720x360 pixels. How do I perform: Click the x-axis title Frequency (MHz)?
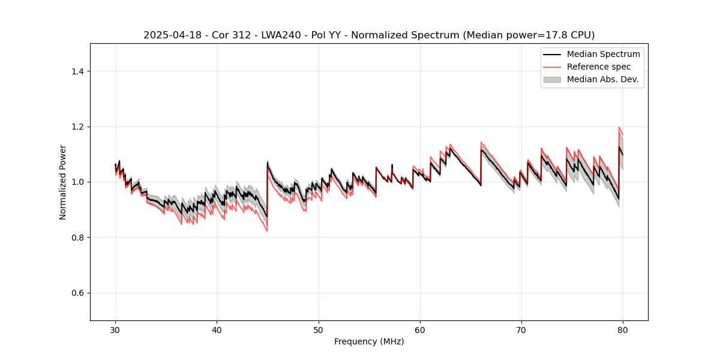click(x=369, y=341)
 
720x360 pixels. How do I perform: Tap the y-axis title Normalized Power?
click(x=63, y=182)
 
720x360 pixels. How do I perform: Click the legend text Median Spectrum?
click(x=603, y=54)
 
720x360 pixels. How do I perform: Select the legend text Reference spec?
click(x=599, y=67)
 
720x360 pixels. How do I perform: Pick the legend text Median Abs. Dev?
click(x=603, y=79)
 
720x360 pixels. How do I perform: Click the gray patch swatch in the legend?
click(x=552, y=79)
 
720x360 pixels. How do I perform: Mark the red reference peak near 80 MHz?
click(x=619, y=127)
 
